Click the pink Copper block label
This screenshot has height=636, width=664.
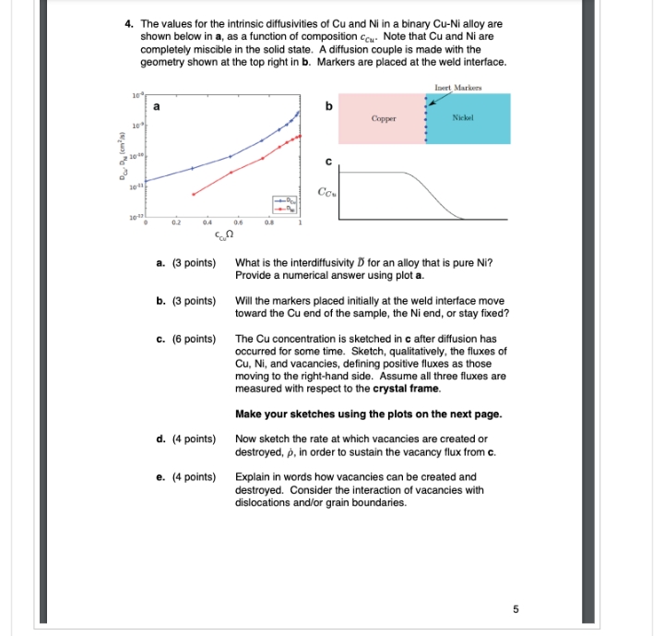tap(384, 119)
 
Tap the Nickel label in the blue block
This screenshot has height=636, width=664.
tap(463, 119)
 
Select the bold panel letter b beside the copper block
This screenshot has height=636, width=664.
tap(327, 106)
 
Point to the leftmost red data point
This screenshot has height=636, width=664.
tap(193, 194)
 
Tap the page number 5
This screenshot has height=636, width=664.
tap(516, 608)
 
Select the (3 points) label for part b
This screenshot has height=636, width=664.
tap(186, 301)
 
